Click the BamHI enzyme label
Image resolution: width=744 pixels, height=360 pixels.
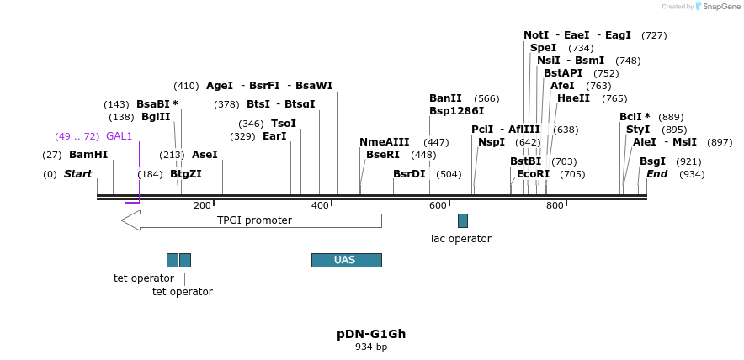[x=88, y=155]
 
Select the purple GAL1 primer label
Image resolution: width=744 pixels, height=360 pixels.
[x=119, y=136]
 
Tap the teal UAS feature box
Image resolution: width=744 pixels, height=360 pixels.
[x=346, y=260]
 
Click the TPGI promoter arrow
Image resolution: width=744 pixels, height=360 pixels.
[x=252, y=220]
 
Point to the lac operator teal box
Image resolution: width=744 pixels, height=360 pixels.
[x=463, y=220]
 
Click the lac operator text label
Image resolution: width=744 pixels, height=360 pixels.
[x=460, y=239]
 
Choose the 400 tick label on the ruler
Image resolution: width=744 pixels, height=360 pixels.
[x=320, y=206]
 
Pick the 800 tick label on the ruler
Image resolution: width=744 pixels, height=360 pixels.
[x=555, y=206]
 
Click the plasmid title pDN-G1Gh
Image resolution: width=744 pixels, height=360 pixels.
[x=371, y=334]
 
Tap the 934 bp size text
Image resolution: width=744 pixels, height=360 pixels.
[x=371, y=347]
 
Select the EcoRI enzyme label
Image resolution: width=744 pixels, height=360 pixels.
[x=533, y=174]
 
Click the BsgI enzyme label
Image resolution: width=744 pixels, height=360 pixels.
[x=652, y=161]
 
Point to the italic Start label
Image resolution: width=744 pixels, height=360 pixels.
[x=77, y=174]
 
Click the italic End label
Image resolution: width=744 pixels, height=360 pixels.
[x=656, y=174]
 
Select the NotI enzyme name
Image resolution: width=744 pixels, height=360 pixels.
[x=536, y=35]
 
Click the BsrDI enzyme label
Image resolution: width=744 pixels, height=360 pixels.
[x=409, y=174]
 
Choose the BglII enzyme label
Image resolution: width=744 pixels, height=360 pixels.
[x=156, y=117]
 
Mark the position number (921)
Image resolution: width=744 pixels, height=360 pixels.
[x=688, y=161]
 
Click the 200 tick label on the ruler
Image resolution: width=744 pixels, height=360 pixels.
[x=202, y=206]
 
